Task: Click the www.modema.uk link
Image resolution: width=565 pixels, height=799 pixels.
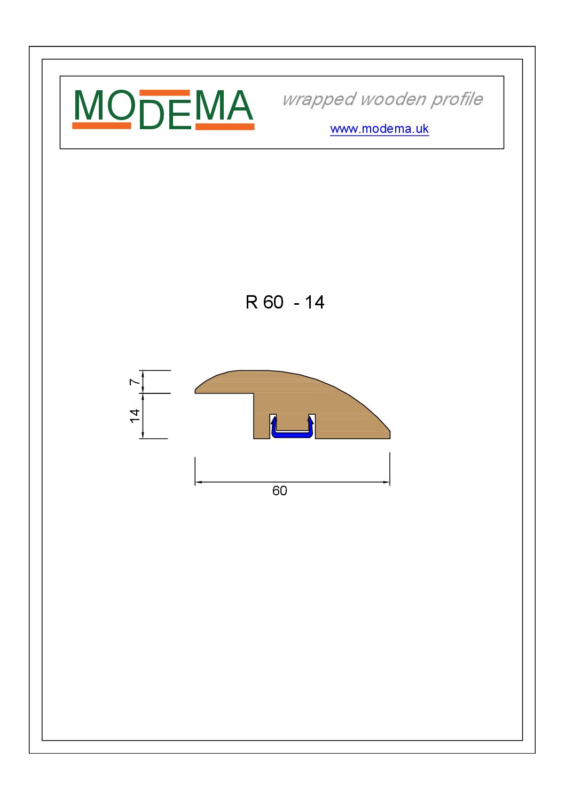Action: click(379, 129)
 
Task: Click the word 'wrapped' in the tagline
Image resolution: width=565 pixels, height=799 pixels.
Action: click(319, 99)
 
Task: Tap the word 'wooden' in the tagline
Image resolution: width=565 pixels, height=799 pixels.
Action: click(393, 99)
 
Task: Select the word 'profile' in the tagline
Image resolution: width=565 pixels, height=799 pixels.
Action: click(457, 99)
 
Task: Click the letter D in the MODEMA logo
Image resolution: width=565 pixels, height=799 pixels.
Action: click(151, 115)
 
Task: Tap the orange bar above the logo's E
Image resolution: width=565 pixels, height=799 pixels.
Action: click(164, 93)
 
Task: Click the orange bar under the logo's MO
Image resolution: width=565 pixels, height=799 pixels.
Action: click(101, 125)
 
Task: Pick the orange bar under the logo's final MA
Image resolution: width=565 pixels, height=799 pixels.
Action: click(225, 126)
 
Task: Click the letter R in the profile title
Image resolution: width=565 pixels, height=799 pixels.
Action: click(252, 302)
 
